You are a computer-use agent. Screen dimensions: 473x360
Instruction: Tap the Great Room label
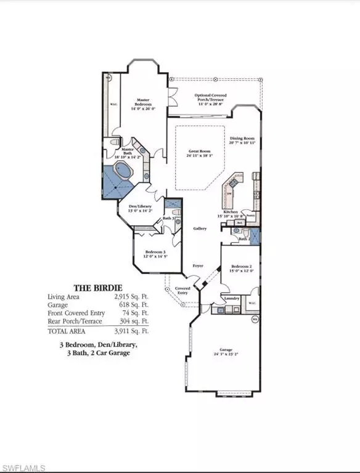tap(200, 151)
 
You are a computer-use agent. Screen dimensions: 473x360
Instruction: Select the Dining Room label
tap(242, 139)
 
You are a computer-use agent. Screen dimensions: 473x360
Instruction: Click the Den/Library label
tap(139, 206)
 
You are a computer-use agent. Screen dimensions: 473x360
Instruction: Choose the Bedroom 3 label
tap(155, 253)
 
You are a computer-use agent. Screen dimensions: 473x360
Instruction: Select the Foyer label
tap(198, 265)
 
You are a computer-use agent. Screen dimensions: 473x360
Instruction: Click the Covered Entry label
tap(182, 290)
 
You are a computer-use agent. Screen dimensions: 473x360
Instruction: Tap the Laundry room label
tap(232, 299)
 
